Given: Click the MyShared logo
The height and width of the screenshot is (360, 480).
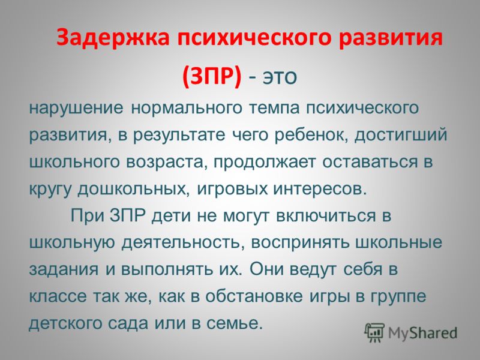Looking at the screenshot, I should (x=411, y=331).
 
